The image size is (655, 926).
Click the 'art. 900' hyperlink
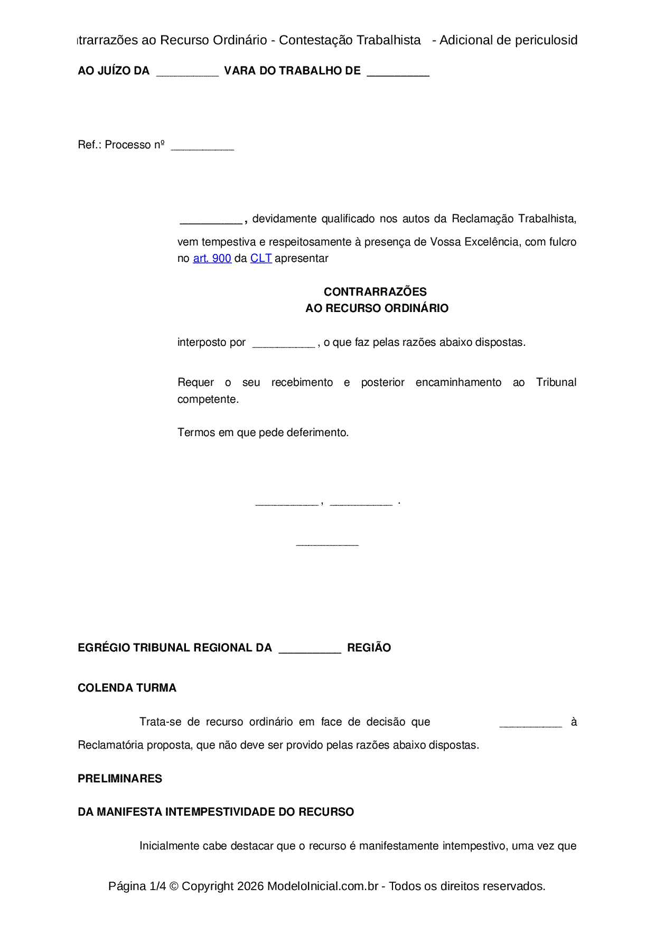212,258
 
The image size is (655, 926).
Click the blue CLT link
261,258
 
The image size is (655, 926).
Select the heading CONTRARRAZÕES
375,291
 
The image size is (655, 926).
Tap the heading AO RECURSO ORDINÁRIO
377,308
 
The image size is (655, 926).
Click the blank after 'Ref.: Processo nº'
202,147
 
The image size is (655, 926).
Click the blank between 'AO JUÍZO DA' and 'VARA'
188,73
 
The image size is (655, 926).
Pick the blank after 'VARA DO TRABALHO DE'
398,73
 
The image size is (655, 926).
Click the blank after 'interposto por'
284,345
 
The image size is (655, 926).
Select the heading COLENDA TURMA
127,688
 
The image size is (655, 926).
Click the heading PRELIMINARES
120,779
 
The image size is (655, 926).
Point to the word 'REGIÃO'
369,648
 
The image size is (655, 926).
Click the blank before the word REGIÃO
310,650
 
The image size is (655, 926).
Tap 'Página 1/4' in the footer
137,886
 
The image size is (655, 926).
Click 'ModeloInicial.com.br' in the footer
322,886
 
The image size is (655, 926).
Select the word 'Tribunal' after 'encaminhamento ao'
556,382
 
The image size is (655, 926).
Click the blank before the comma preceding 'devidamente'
211,221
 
